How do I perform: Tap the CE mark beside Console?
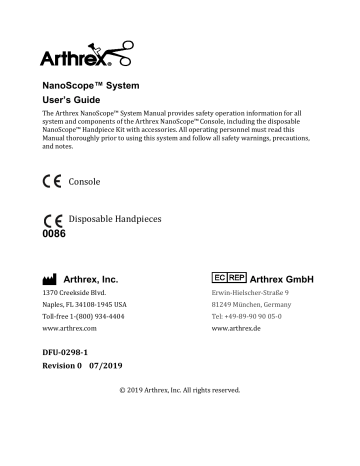[x=53, y=183]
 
